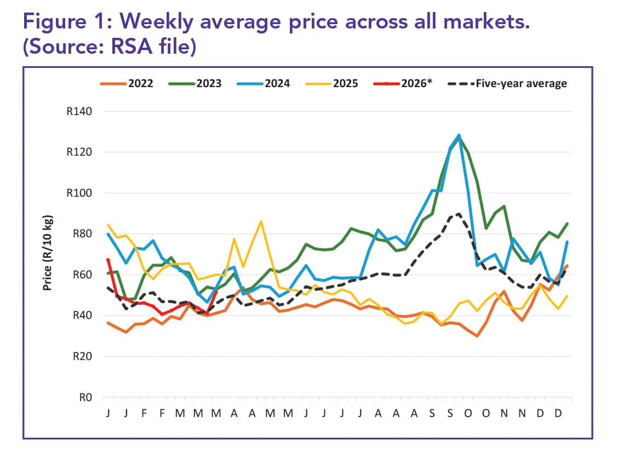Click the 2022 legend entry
coord(127,84)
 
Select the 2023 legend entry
coord(195,84)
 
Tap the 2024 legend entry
coord(264,84)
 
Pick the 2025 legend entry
coord(332,84)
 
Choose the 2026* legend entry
coord(403,84)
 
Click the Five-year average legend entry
coord(508,84)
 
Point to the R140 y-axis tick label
coord(79,112)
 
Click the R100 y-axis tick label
coord(79,193)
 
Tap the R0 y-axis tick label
coord(85,397)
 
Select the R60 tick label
coord(82,275)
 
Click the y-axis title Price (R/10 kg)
coord(48,253)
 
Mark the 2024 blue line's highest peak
coord(459,135)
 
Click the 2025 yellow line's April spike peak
coord(261,221)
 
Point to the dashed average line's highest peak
coord(459,214)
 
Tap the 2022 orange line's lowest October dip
coord(477,336)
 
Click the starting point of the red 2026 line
coord(108,259)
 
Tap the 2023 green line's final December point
coord(567,224)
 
